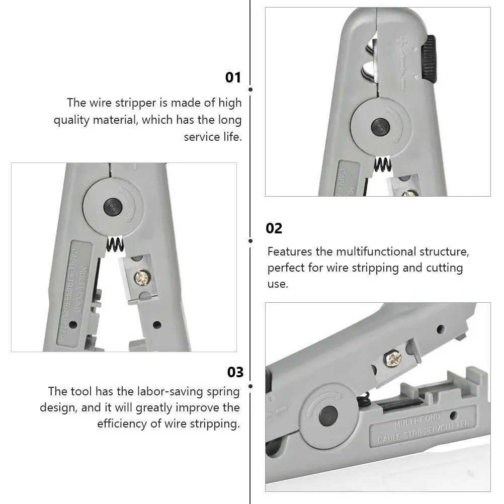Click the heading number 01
(233, 77)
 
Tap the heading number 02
(274, 228)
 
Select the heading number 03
(235, 372)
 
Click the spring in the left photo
(115, 245)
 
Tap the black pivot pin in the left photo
(111, 206)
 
